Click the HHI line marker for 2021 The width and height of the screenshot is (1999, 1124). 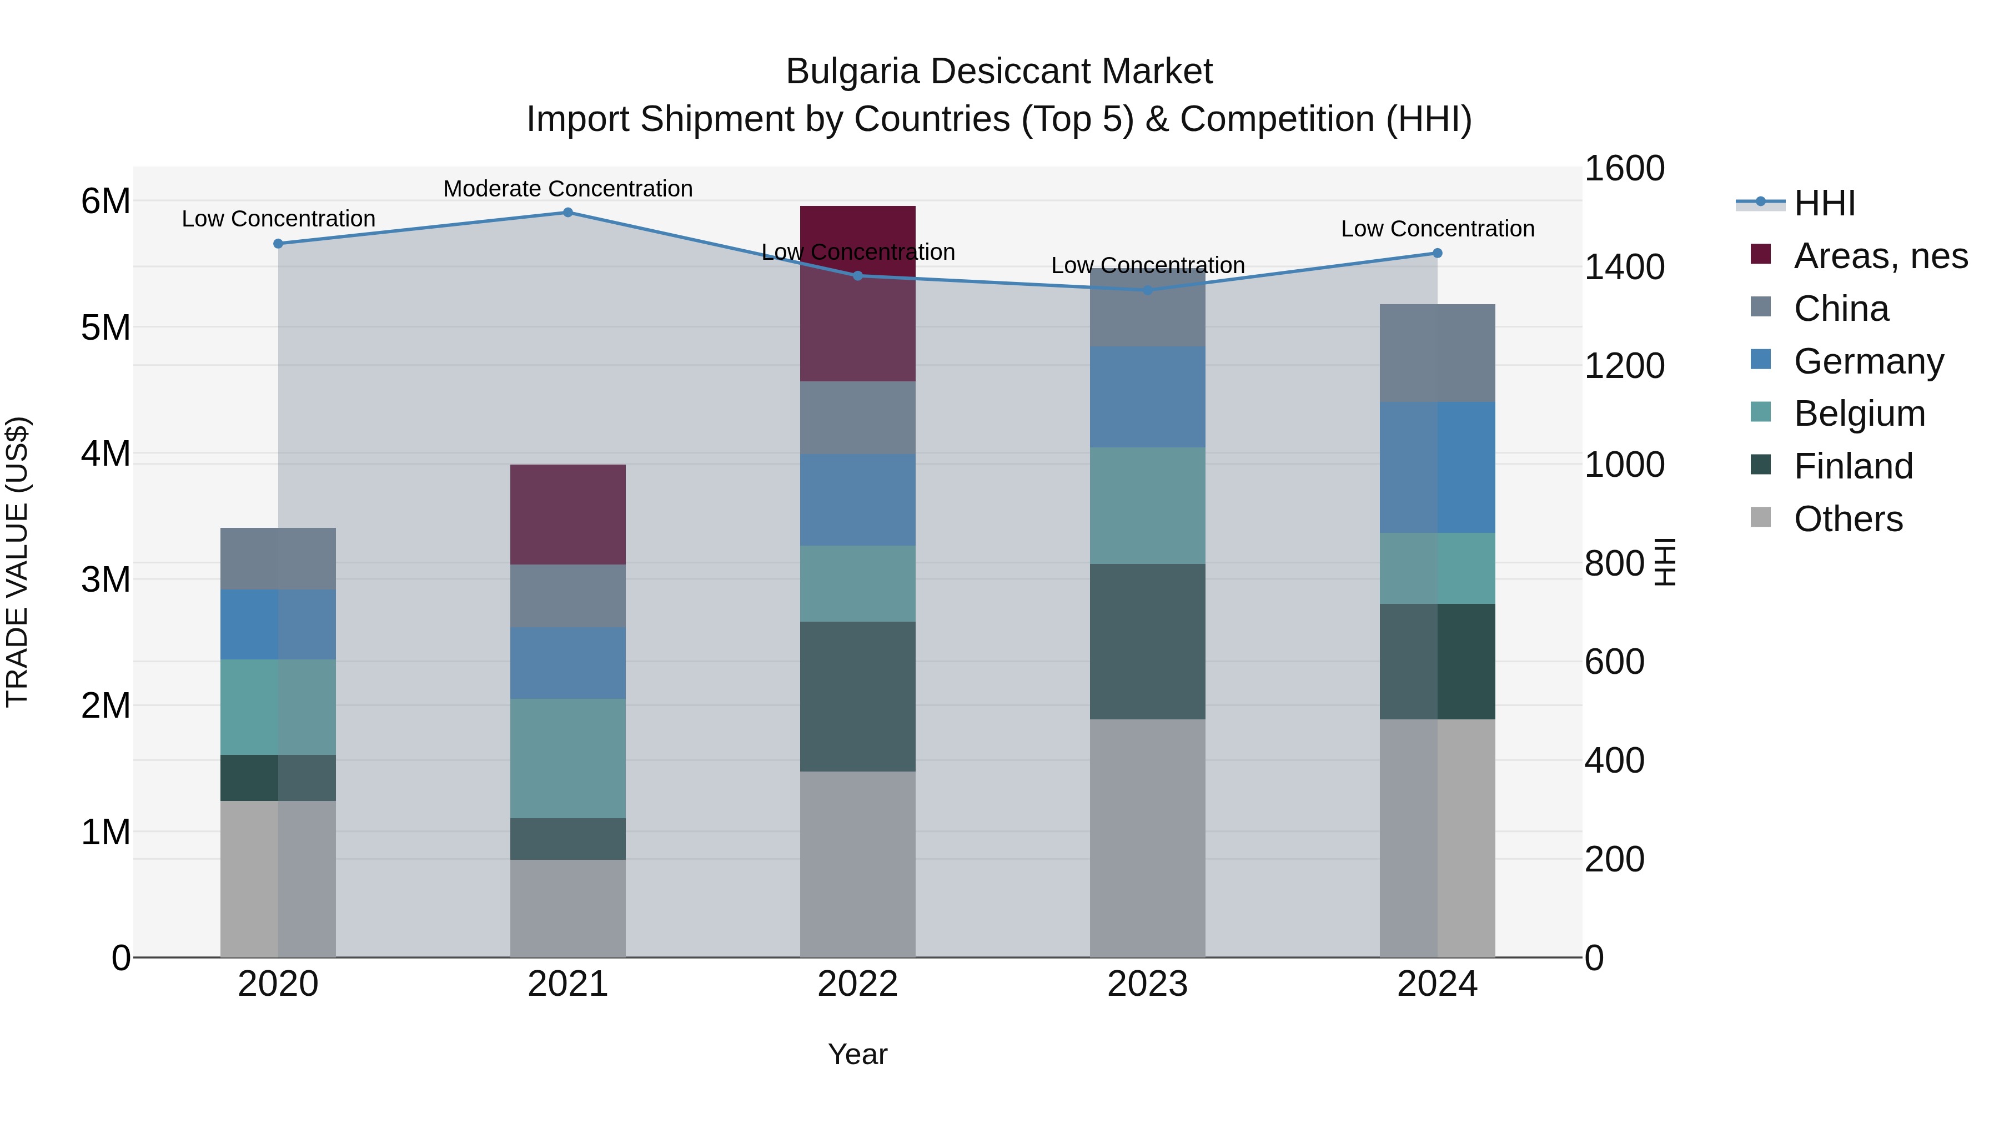coord(567,213)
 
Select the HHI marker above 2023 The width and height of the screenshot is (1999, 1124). coord(1148,290)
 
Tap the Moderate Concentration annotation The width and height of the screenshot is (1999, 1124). coord(567,189)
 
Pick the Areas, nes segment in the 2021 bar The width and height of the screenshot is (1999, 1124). coord(567,515)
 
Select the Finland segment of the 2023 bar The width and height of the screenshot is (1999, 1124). coord(1148,642)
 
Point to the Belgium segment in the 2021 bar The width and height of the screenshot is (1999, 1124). coord(567,758)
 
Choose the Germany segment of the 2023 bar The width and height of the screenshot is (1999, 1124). coord(1148,396)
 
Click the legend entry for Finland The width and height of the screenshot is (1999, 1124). coord(1853,466)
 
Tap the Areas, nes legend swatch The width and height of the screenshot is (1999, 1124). coord(1761,254)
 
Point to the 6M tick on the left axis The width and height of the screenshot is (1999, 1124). coord(106,201)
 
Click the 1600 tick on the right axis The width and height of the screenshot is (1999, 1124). coord(1624,168)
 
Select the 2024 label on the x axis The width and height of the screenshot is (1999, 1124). coord(1437,984)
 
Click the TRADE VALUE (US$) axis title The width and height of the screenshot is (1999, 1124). coord(17,562)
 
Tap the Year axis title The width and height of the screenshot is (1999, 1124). coord(857,1054)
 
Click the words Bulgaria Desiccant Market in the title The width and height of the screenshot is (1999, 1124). coord(999,72)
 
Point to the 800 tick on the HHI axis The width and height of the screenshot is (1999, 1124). coord(1614,563)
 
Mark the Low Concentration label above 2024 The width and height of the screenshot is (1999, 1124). coord(1437,229)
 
